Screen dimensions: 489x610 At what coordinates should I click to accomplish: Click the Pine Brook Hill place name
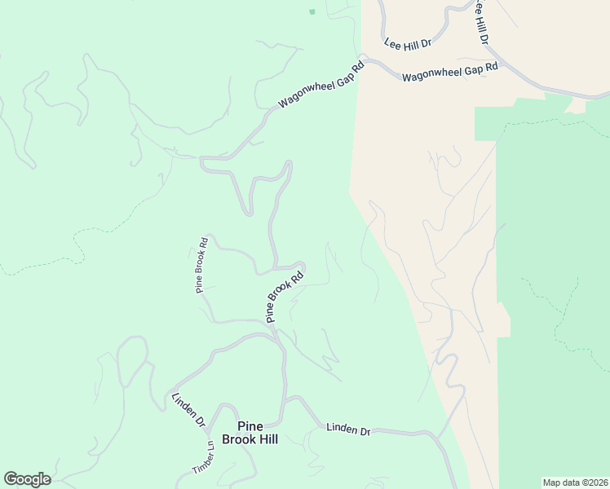pos(257,433)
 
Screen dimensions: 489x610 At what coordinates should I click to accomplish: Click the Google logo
pos(27,479)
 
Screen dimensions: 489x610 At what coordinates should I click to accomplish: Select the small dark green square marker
pos(312,12)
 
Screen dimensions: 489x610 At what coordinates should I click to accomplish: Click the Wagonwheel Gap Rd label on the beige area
pos(449,73)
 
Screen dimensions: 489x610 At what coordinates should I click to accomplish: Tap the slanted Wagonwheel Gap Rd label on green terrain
pos(320,86)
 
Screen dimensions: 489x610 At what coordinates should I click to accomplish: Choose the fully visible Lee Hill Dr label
pos(408,38)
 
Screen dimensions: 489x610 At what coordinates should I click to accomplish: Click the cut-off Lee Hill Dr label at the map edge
pos(482,20)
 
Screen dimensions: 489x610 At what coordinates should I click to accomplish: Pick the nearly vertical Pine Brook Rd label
pos(202,265)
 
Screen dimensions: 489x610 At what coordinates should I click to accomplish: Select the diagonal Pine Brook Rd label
pos(285,297)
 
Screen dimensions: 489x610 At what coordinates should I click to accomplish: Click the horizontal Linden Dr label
pos(348,429)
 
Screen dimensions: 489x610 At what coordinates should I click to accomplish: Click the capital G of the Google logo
pos(11,478)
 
